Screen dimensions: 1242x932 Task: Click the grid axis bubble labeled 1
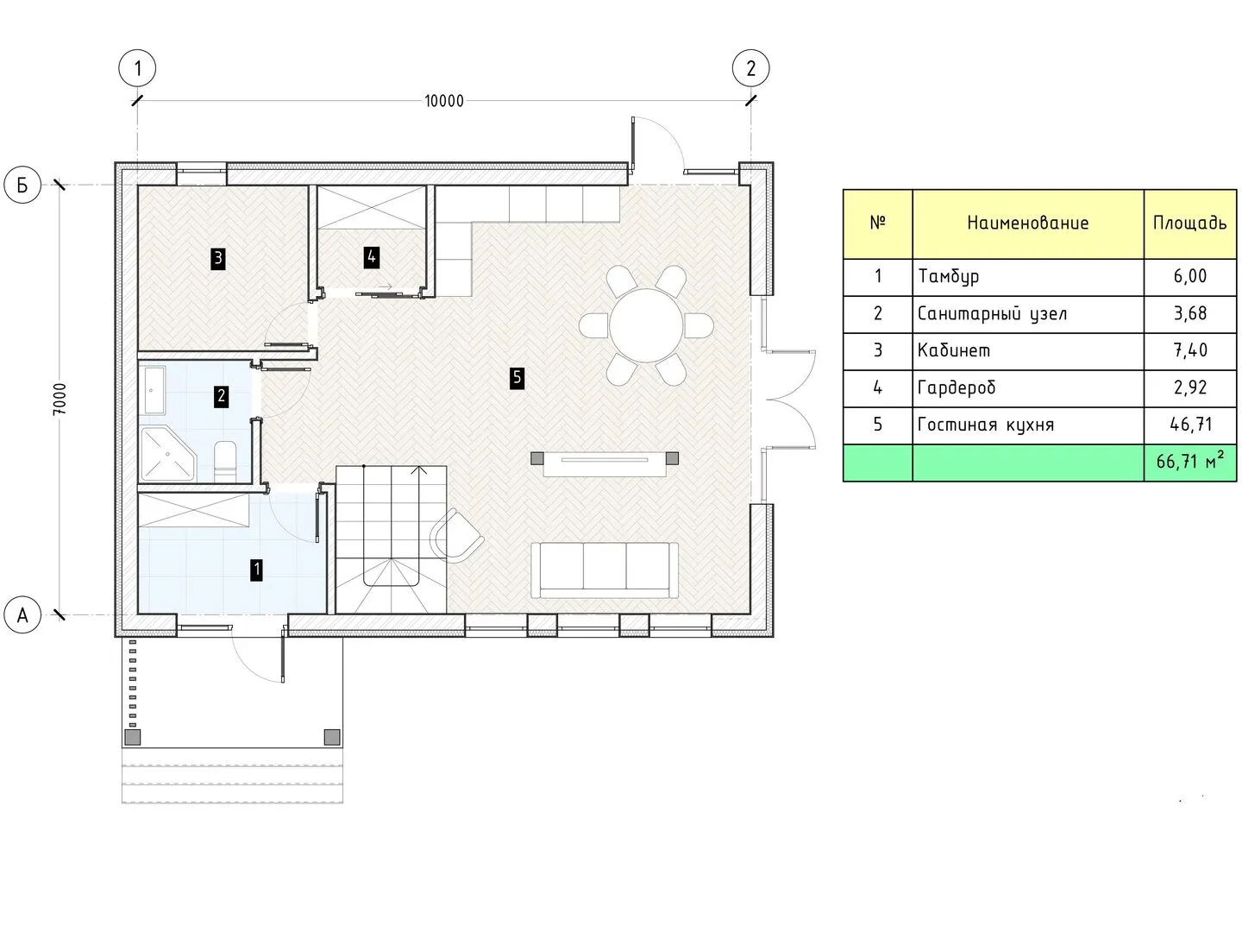pos(137,68)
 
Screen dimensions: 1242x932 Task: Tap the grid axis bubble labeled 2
pos(750,68)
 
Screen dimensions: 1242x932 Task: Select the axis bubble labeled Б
pos(22,185)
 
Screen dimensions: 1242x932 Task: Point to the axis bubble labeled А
pos(22,615)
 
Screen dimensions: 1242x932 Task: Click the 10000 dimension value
pos(444,101)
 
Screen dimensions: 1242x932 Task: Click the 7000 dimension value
pos(60,400)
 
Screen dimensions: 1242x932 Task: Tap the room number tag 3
pos(218,259)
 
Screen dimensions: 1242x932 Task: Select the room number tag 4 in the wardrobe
pos(371,257)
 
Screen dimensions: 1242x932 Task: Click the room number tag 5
pos(517,378)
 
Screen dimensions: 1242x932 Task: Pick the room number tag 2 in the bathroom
pos(222,396)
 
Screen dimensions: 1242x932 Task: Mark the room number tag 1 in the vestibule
pos(257,570)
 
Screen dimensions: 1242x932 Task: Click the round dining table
pos(646,326)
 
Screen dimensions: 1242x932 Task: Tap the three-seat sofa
pos(605,570)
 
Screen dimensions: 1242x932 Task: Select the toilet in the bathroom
pos(226,461)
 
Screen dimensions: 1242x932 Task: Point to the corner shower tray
pos(167,454)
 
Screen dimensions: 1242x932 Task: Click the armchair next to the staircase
pos(456,535)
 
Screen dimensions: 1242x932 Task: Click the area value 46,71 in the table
pos(1190,425)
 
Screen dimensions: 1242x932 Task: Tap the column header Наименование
pos(1027,224)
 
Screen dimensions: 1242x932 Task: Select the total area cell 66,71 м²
pos(1190,463)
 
